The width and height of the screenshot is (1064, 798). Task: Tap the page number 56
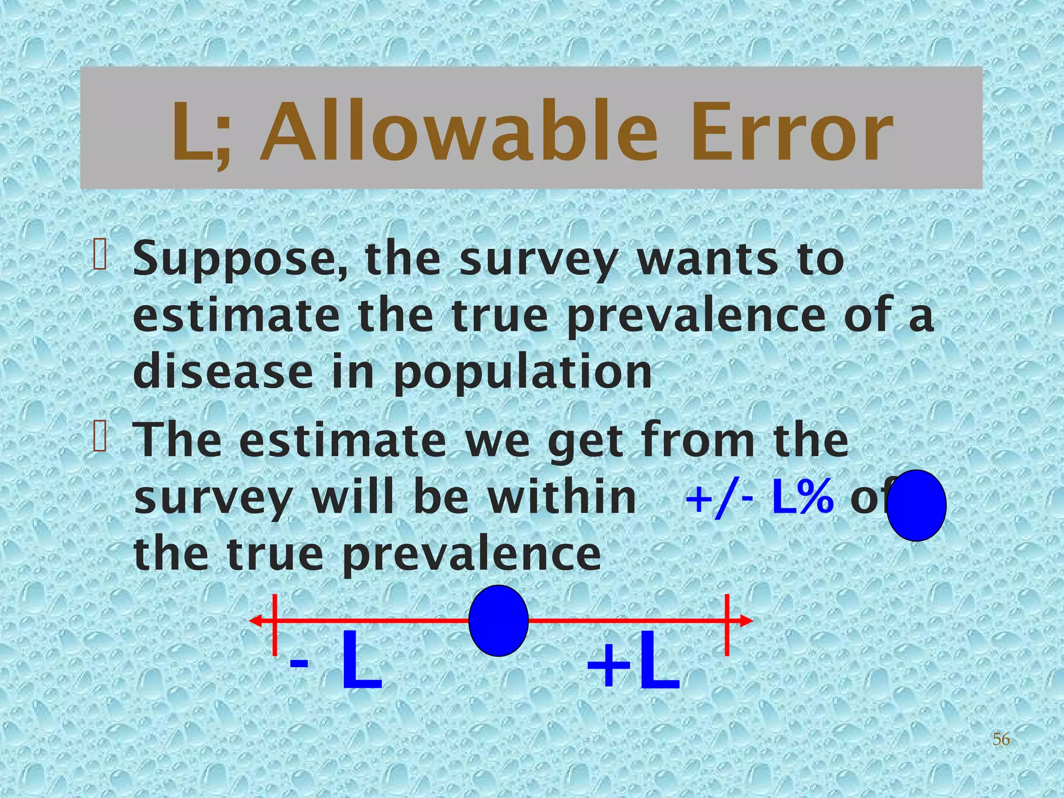1001,739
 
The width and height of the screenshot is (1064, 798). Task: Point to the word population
522,373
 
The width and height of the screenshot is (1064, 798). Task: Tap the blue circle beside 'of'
916,505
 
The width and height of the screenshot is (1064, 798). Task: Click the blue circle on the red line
498,620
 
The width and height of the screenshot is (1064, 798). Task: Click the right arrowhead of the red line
746,620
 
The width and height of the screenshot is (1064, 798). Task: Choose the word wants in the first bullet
707,260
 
